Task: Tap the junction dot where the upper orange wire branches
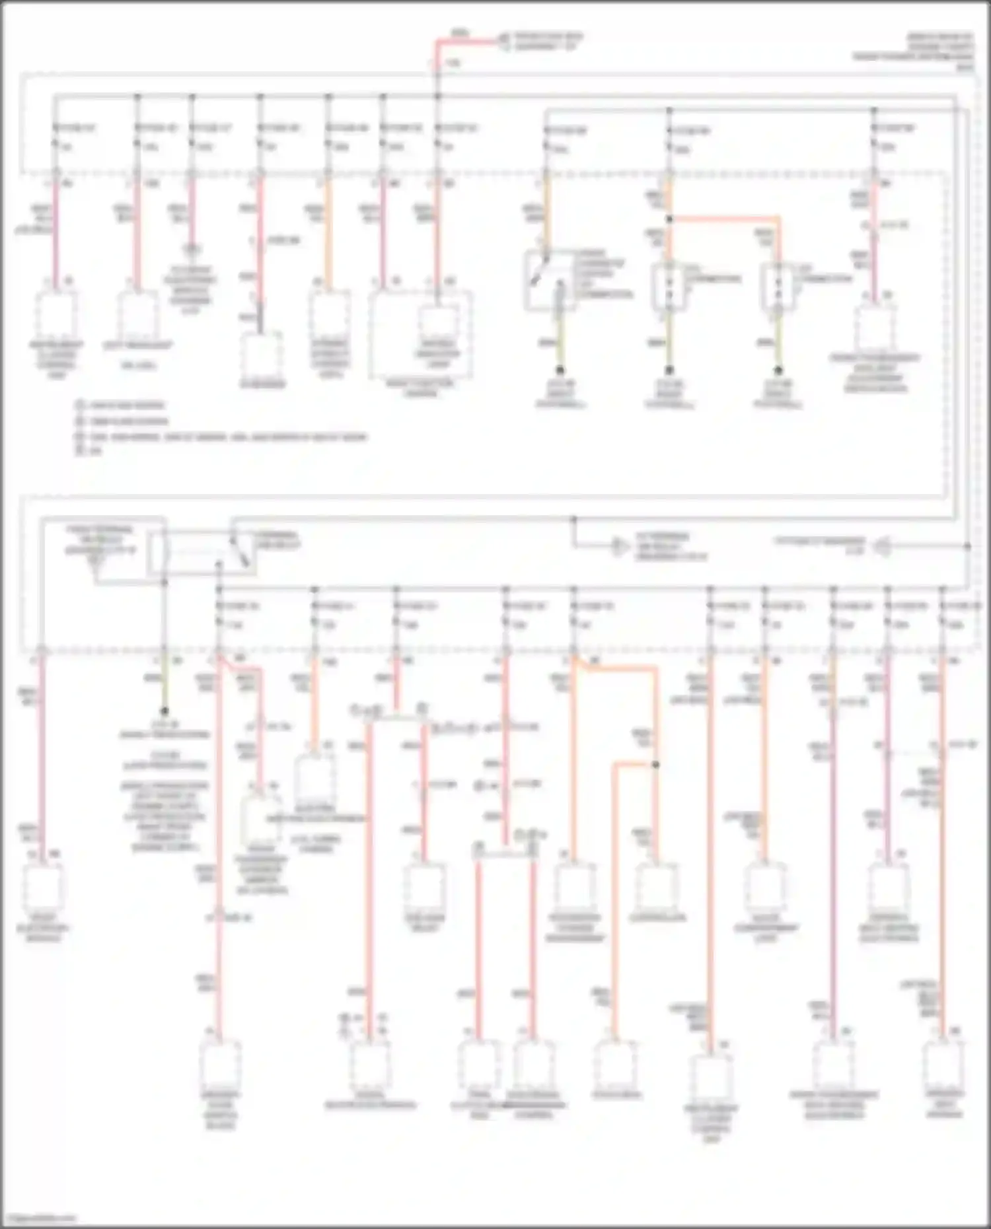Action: (x=669, y=219)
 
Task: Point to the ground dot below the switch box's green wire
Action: (x=560, y=370)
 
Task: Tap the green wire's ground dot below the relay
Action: (x=165, y=711)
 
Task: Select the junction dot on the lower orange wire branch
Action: (x=656, y=765)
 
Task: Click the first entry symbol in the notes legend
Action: (x=79, y=405)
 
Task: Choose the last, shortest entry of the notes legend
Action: (x=89, y=452)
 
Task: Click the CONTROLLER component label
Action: (x=657, y=918)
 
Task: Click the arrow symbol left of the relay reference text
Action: (x=619, y=547)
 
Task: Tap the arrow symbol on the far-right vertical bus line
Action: (x=883, y=547)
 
